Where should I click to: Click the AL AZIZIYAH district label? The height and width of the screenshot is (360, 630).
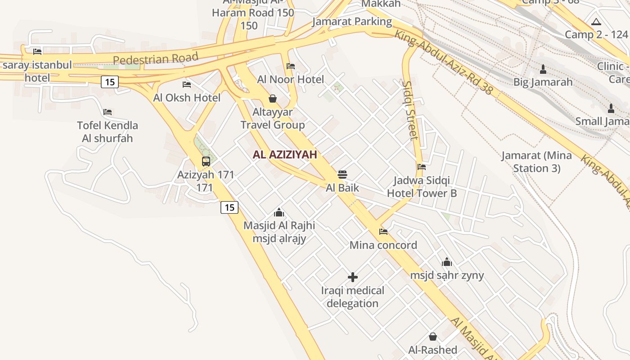pyautogui.click(x=285, y=155)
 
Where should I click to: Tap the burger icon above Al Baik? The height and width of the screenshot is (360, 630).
pyautogui.click(x=342, y=174)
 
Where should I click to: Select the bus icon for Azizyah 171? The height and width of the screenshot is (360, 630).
pyautogui.click(x=206, y=161)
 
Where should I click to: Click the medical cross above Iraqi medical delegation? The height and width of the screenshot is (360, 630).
pyautogui.click(x=353, y=277)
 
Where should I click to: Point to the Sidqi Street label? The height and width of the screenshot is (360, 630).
pyautogui.click(x=410, y=110)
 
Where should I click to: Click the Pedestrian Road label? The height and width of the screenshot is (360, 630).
pyautogui.click(x=155, y=59)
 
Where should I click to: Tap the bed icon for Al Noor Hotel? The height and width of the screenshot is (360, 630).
pyautogui.click(x=291, y=66)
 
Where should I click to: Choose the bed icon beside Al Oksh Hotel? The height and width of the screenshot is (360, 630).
pyautogui.click(x=187, y=85)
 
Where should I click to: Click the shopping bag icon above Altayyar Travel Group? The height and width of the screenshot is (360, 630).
pyautogui.click(x=273, y=99)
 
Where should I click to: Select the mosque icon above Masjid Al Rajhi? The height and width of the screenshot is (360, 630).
pyautogui.click(x=279, y=212)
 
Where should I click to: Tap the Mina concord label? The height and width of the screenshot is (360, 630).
pyautogui.click(x=383, y=245)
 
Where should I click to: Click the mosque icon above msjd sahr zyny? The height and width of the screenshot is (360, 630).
pyautogui.click(x=446, y=261)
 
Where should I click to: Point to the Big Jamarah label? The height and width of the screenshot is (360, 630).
pyautogui.click(x=543, y=82)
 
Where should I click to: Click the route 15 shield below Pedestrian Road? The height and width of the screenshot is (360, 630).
pyautogui.click(x=110, y=82)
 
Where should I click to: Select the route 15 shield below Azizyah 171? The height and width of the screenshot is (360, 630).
pyautogui.click(x=229, y=207)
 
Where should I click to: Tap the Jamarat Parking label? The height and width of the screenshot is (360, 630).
pyautogui.click(x=352, y=22)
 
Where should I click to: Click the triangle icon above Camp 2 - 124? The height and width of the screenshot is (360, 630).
pyautogui.click(x=596, y=22)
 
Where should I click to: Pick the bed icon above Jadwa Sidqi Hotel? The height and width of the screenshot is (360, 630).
pyautogui.click(x=422, y=167)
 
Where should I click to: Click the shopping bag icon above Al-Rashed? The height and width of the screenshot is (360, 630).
pyautogui.click(x=432, y=336)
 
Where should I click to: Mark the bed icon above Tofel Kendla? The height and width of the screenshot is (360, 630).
pyautogui.click(x=107, y=112)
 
